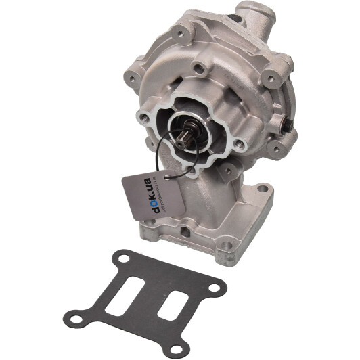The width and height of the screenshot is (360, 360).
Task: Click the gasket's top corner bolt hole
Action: (123, 258)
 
